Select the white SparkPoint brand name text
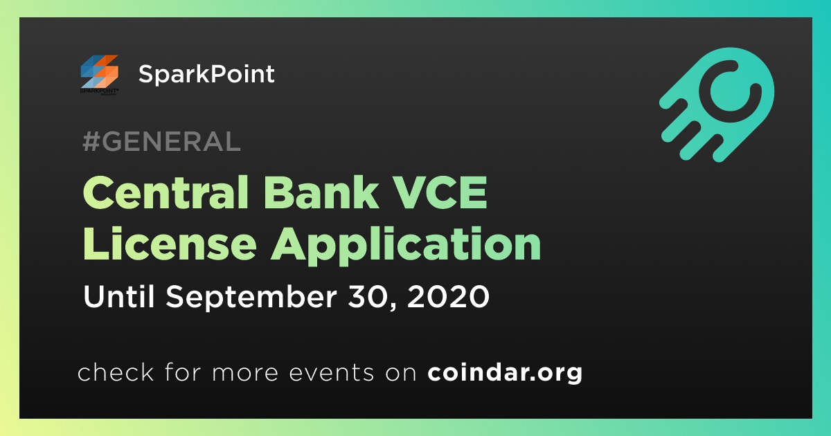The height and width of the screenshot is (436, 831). (206, 74)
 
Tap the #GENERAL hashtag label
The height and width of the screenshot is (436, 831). (162, 141)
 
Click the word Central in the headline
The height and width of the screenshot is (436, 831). (166, 192)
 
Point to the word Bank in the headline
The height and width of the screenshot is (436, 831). (321, 192)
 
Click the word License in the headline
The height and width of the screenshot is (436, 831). (170, 244)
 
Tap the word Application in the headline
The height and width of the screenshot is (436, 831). (406, 246)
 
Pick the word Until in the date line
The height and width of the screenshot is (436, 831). (118, 296)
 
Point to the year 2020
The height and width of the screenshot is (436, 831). (448, 297)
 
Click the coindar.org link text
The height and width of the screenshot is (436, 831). (505, 372)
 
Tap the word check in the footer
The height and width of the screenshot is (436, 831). (116, 372)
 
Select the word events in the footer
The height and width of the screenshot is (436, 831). (331, 373)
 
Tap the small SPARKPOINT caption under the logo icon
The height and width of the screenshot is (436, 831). (99, 91)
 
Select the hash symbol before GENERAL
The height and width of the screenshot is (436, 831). (91, 141)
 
